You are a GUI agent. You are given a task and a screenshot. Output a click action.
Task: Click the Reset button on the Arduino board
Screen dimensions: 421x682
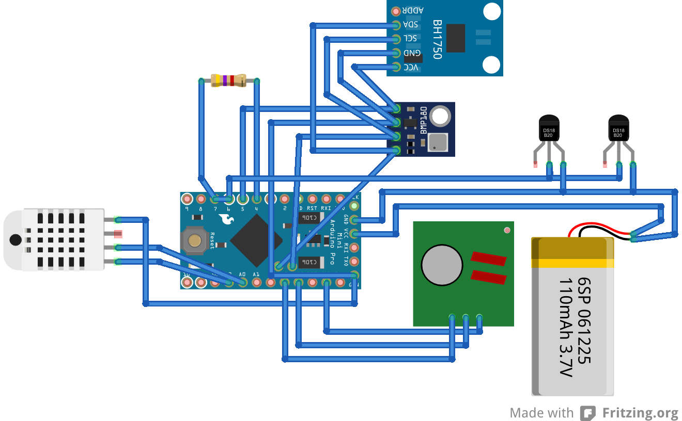point(195,240)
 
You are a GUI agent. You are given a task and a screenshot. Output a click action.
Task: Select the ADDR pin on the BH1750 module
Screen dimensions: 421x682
point(396,11)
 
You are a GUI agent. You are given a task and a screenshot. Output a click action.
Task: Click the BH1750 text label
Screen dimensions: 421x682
point(437,39)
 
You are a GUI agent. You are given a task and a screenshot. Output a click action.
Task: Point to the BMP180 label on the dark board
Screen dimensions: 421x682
point(423,120)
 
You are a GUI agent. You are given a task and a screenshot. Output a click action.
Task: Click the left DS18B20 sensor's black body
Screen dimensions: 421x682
point(549,129)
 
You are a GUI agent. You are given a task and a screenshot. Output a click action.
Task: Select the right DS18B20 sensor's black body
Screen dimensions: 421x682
point(618,129)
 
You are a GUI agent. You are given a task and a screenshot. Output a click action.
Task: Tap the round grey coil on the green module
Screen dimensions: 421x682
point(441,264)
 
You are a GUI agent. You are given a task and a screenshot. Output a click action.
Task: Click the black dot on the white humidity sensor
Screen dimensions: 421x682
point(16,240)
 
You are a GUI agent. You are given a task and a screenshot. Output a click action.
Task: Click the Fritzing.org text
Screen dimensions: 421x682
point(640,413)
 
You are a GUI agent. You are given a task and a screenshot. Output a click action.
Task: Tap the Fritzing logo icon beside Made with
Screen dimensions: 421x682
point(588,413)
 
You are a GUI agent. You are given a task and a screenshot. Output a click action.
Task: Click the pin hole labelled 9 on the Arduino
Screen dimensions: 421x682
point(187,199)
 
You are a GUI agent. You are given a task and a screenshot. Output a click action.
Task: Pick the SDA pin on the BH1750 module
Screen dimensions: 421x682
point(396,25)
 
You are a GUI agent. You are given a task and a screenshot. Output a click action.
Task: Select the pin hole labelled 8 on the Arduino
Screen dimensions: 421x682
point(201,199)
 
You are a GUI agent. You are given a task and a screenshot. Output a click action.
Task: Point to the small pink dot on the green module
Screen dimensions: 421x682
point(507,230)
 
